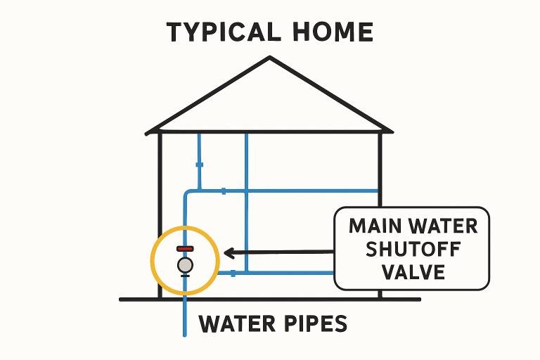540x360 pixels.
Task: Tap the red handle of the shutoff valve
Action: click(185, 249)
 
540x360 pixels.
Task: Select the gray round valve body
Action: click(185, 264)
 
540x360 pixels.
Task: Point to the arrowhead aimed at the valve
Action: click(227, 252)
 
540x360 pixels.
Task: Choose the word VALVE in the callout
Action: click(412, 271)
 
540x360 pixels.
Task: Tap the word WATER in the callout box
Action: click(444, 226)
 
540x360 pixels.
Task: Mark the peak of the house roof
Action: click(269, 58)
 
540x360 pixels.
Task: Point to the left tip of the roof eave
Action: click(148, 131)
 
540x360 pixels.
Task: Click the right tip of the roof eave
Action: click(390, 130)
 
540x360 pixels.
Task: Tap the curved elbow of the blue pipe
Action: click(188, 193)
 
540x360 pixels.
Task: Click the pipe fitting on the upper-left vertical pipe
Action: click(199, 165)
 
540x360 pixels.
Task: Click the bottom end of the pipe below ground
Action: click(185, 333)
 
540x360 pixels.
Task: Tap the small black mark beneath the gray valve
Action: click(185, 276)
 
